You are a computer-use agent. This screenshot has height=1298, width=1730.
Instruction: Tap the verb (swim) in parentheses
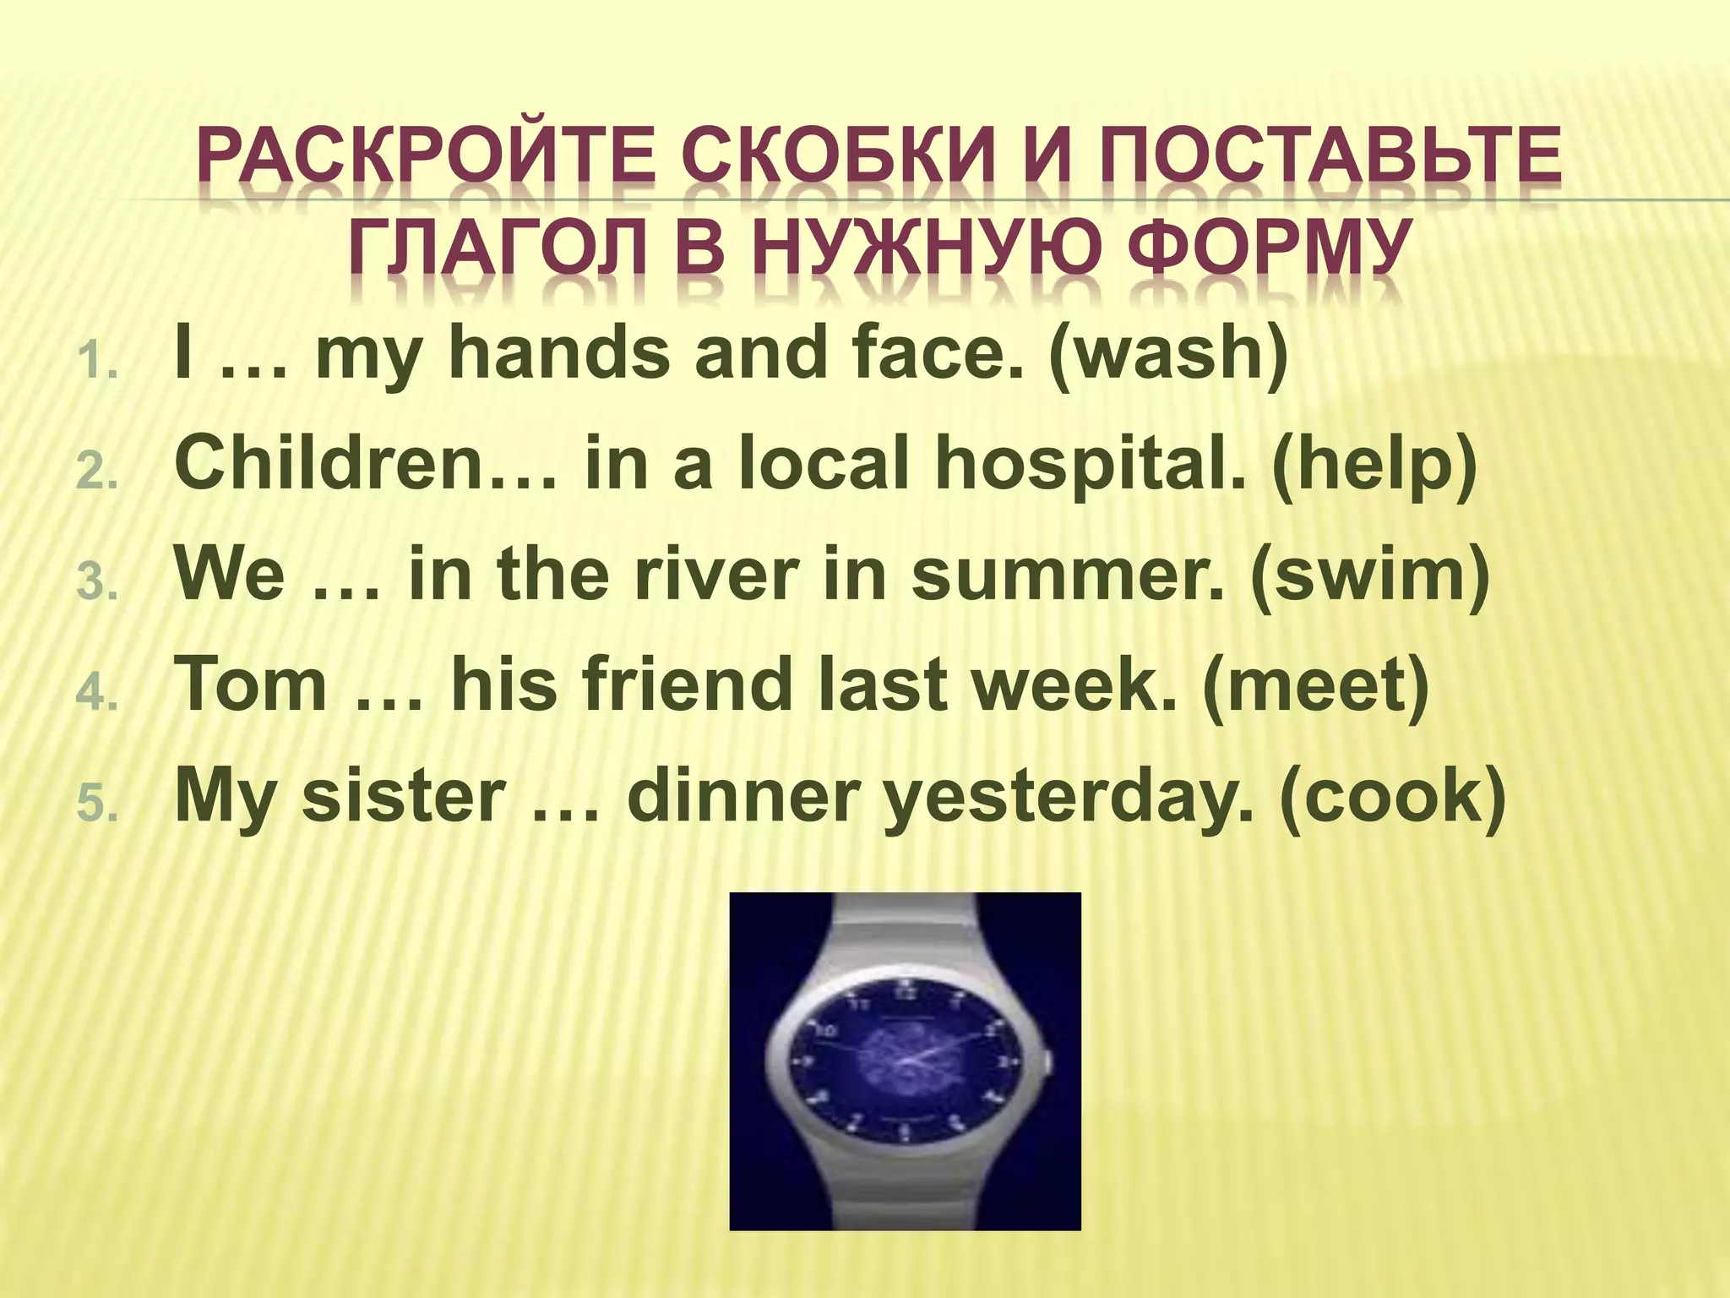click(1370, 575)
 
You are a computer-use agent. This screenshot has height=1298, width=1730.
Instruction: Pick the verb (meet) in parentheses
click(1316, 685)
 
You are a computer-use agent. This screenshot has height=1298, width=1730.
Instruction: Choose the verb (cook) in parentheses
click(1393, 796)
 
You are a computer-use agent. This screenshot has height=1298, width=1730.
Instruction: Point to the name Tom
click(251, 685)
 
